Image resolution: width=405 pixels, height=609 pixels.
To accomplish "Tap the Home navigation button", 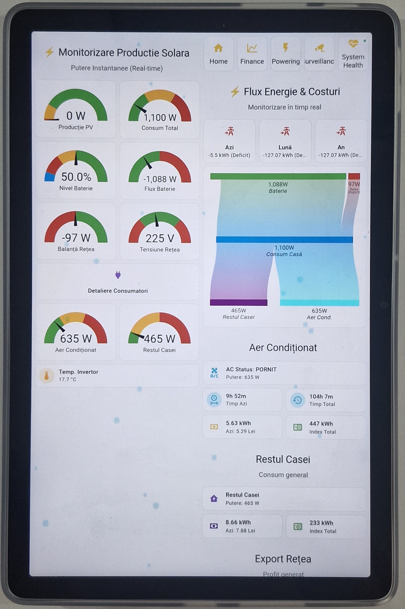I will (x=218, y=54).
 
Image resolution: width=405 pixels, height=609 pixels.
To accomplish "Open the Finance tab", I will (x=252, y=54).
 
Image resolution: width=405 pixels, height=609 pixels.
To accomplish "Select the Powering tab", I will (x=286, y=54).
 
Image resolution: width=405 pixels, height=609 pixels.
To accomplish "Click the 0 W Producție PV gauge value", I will (x=76, y=116).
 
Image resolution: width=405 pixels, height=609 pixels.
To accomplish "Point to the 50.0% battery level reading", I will (x=76, y=177).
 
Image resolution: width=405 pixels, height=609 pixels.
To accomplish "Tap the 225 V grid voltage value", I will (x=160, y=238).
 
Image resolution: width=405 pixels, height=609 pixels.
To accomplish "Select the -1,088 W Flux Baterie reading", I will (x=160, y=179).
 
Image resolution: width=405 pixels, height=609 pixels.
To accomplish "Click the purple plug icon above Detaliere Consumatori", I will (x=118, y=275).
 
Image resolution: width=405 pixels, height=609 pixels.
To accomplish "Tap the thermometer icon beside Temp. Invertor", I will (x=47, y=376).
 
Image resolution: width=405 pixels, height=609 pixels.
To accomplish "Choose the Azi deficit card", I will (x=229, y=141).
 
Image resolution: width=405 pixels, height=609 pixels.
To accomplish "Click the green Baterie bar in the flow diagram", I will (x=278, y=176).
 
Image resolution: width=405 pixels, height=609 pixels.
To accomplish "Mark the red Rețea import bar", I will (x=354, y=176).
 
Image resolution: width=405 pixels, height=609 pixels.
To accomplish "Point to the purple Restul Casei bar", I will (x=238, y=302).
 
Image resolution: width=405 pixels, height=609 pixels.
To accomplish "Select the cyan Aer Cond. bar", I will (x=319, y=303).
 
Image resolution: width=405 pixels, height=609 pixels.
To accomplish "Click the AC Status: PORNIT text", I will (x=251, y=369).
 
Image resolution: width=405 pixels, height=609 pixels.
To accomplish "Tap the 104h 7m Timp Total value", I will (x=321, y=397).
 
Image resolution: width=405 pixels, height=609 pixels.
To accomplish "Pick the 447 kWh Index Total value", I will (x=321, y=424).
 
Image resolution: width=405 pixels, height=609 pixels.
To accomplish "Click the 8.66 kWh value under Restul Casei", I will (x=238, y=522).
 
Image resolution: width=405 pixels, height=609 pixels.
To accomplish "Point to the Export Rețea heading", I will (x=283, y=559).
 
